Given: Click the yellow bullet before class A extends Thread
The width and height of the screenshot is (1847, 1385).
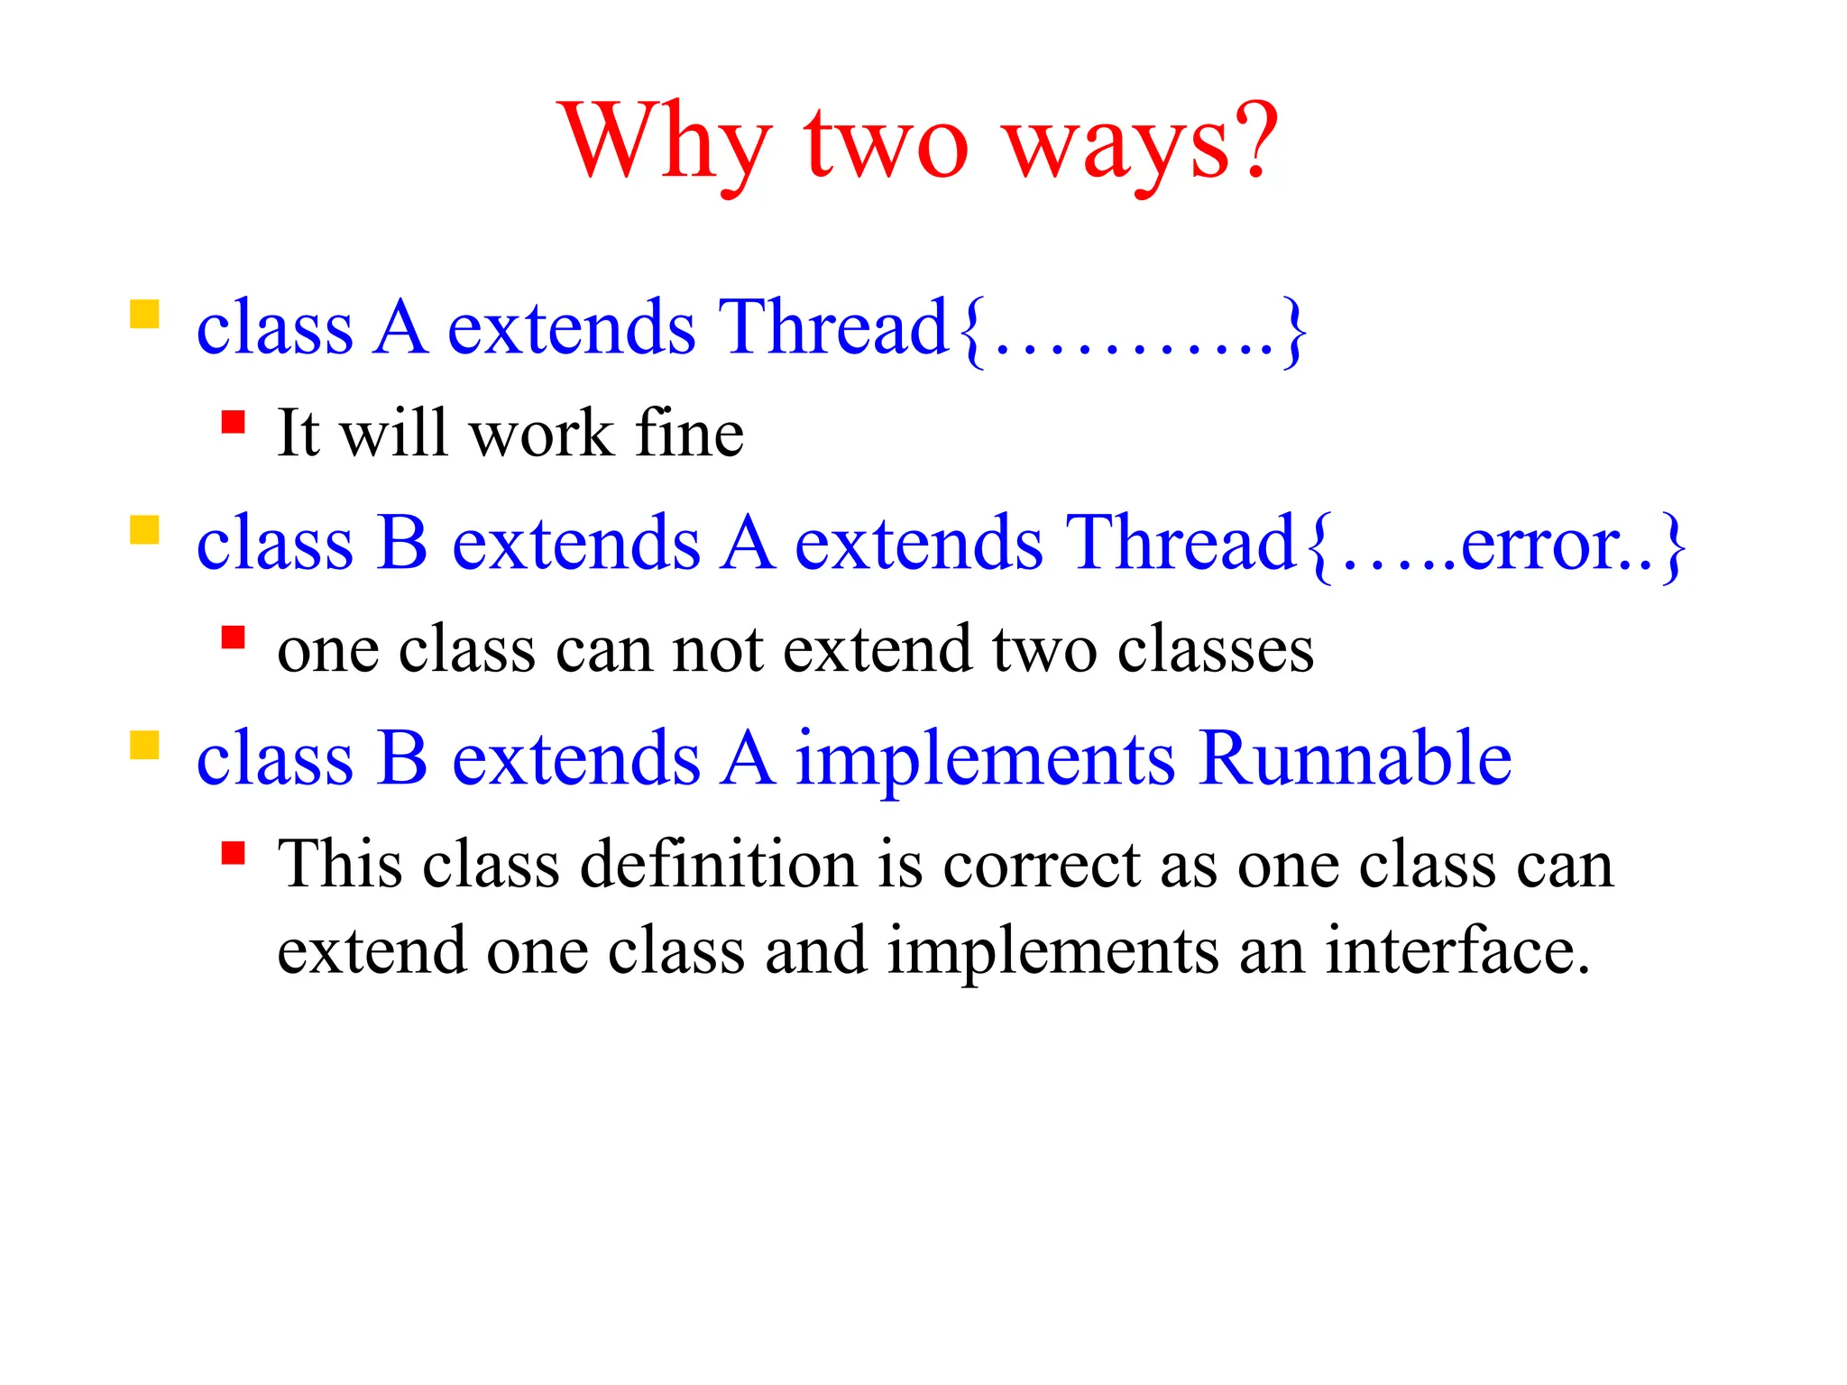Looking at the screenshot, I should tap(144, 315).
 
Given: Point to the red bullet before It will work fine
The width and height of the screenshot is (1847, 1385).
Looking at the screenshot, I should tap(234, 422).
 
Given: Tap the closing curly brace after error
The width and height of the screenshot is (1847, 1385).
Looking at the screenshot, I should tap(1674, 546).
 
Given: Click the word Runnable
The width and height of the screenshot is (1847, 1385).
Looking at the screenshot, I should tap(1355, 758).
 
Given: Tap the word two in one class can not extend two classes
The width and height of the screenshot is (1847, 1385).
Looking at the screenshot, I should tap(1044, 649).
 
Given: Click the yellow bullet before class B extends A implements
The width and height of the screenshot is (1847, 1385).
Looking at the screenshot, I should tap(144, 746).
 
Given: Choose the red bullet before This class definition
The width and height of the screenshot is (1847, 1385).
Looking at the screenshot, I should tap(234, 853).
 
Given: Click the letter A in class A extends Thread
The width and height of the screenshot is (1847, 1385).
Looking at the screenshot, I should tap(400, 327).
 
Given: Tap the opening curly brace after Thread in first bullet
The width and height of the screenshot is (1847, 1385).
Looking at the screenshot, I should tap(970, 330).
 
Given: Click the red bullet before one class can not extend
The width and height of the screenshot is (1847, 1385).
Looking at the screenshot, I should tap(234, 637).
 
